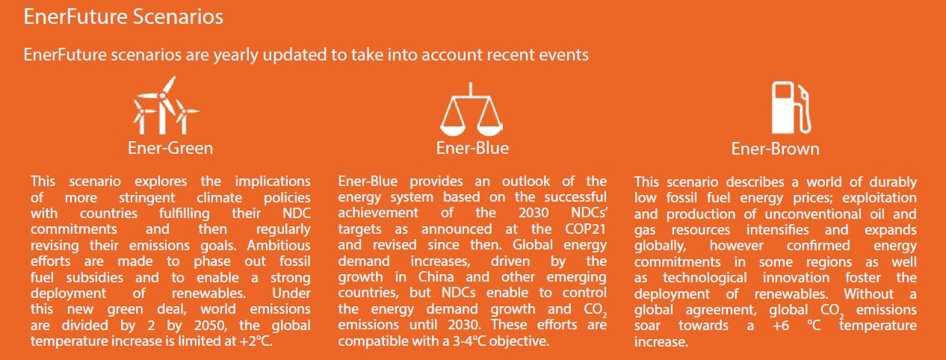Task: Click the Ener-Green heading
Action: click(171, 148)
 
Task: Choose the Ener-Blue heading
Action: click(472, 148)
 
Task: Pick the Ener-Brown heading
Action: click(775, 149)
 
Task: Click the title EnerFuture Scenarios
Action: click(123, 17)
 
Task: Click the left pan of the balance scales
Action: click(453, 116)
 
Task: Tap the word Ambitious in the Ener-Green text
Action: click(278, 245)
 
